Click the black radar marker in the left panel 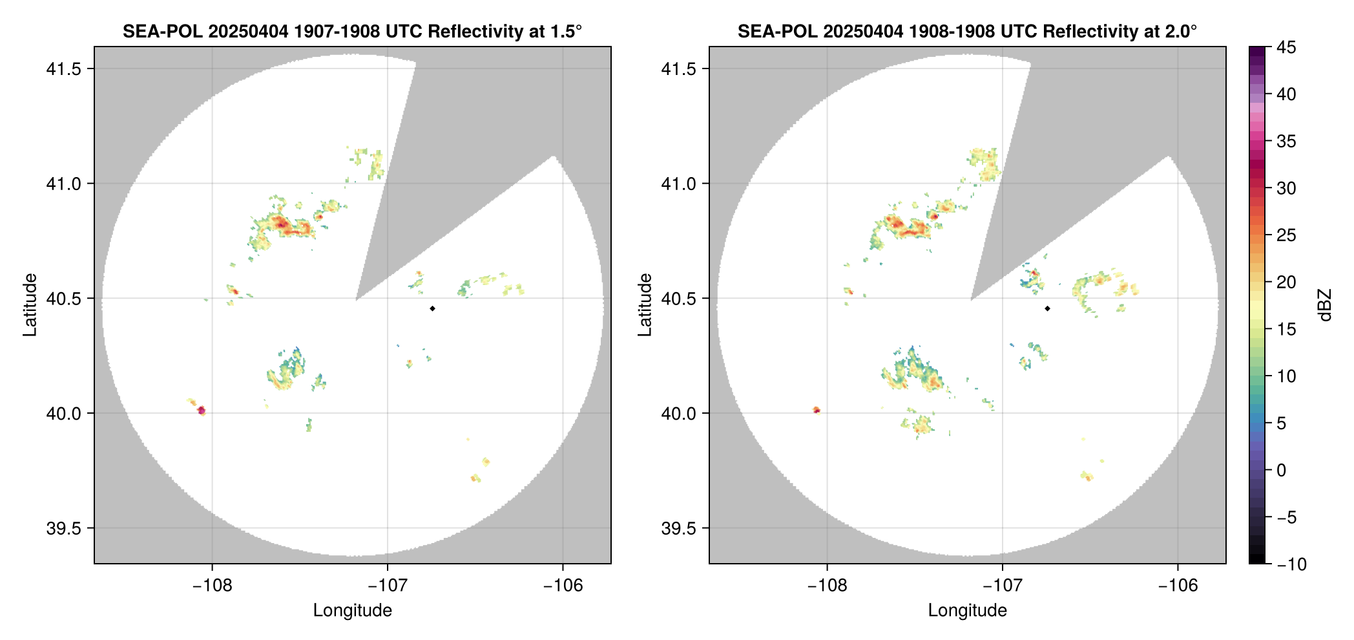432,308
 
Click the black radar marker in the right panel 1047,308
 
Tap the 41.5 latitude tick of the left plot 63,69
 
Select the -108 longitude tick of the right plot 827,586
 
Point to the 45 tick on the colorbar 1286,47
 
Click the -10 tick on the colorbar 1291,564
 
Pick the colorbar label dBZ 1326,305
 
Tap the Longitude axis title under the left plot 353,610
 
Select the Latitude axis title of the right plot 645,305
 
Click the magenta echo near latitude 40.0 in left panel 201,410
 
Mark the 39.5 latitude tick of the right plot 678,528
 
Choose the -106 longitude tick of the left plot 563,586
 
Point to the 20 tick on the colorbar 1286,282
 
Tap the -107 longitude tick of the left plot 388,586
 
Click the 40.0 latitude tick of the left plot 63,413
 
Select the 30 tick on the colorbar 1286,188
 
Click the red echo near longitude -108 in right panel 817,410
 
